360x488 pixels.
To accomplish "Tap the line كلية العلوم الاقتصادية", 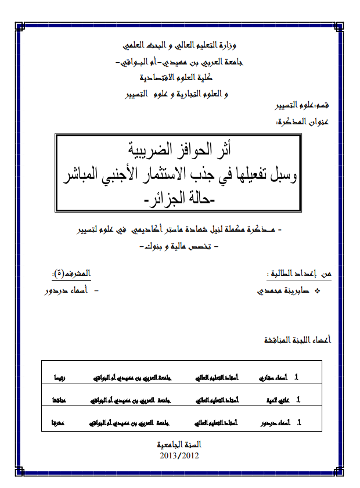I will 182,78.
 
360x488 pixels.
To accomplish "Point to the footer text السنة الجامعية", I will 179,445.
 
